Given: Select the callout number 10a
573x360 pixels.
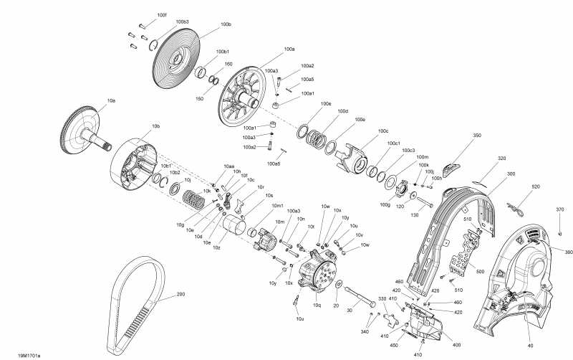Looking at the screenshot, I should [111, 101].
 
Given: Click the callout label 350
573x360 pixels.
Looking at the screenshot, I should [477, 136].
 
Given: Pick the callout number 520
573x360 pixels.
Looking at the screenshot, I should [536, 186].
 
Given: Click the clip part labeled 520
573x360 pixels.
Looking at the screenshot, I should [516, 209].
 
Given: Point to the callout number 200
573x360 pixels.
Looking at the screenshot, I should [180, 294].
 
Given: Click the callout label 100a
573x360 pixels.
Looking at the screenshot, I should [289, 49].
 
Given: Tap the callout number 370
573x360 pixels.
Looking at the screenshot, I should [560, 209].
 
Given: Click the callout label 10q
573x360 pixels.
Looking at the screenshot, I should [317, 305].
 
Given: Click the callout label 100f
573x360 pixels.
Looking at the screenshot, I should [161, 15].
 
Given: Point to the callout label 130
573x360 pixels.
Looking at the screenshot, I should [414, 214].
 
